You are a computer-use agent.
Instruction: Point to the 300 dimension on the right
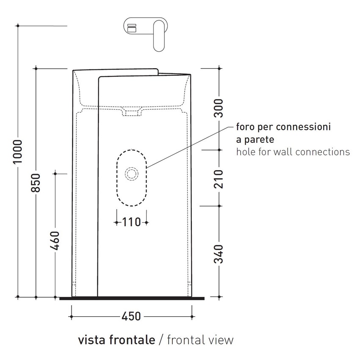pyautogui.click(x=219, y=108)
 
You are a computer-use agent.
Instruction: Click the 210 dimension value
pyautogui.click(x=219, y=178)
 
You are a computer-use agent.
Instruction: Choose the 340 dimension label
pyautogui.click(x=219, y=253)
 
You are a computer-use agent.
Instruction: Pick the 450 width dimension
pyautogui.click(x=131, y=316)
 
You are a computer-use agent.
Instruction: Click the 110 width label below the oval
pyautogui.click(x=131, y=222)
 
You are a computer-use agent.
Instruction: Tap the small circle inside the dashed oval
pyautogui.click(x=131, y=173)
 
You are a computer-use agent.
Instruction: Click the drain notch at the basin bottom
pyautogui.click(x=131, y=112)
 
